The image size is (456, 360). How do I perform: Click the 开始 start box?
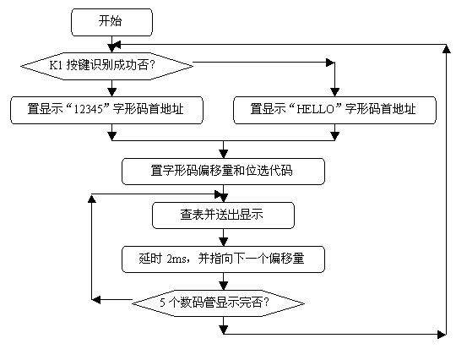tap(111, 23)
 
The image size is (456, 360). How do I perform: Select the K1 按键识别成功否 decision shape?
tap(106, 66)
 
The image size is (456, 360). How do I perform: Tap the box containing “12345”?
tap(106, 111)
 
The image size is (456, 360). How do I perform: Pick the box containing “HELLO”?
tap(334, 111)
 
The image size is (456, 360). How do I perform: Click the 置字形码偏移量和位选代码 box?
tap(223, 172)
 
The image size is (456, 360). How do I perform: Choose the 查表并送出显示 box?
tap(223, 215)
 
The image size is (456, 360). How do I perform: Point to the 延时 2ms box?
tap(223, 259)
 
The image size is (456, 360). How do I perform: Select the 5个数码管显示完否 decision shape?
tap(218, 303)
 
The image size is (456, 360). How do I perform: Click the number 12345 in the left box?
tap(88, 109)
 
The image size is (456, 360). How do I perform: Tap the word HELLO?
tap(315, 109)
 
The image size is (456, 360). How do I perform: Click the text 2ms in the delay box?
tap(176, 259)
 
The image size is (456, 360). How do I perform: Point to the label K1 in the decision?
tap(56, 65)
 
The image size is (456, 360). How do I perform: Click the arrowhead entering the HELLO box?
tap(334, 93)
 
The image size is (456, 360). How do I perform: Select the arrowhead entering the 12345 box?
tap(111, 92)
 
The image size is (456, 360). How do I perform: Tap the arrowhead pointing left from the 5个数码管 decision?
tap(96, 299)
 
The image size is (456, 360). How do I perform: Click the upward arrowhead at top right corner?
tap(447, 49)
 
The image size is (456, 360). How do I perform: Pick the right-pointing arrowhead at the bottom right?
tap(442, 334)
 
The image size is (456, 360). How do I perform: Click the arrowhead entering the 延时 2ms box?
tap(223, 242)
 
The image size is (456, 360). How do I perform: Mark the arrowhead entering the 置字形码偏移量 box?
tap(223, 154)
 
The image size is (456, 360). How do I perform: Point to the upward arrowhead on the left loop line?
tap(92, 199)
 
